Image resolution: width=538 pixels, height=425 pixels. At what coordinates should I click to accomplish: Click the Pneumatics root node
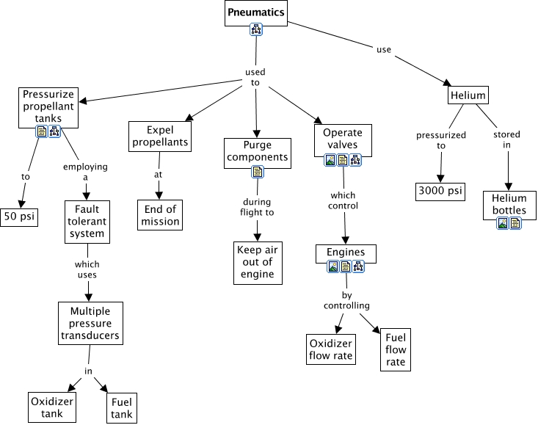click(255, 12)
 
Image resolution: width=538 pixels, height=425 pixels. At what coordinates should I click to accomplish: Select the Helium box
click(468, 95)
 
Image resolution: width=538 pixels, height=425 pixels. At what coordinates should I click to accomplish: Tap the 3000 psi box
click(440, 191)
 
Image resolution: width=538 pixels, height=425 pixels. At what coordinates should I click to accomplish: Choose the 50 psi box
click(19, 218)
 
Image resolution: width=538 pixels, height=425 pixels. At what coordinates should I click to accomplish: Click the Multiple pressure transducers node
click(90, 322)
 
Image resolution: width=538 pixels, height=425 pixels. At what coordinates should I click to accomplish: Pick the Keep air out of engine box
click(255, 262)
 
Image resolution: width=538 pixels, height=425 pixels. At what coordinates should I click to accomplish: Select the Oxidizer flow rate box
click(330, 350)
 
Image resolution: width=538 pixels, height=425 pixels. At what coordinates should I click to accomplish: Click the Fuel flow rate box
click(396, 350)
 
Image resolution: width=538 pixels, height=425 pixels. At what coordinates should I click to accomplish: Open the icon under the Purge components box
click(258, 172)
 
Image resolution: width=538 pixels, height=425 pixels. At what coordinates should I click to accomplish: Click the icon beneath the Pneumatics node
click(256, 29)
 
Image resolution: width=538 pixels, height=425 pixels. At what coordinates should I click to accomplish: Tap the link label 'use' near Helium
click(383, 50)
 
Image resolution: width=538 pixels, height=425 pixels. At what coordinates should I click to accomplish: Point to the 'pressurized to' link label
click(441, 140)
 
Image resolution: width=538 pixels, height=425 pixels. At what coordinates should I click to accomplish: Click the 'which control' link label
click(344, 200)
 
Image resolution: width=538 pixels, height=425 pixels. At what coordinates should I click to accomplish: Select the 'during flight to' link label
click(257, 206)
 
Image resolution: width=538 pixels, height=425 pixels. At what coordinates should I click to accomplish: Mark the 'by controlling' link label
click(346, 300)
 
